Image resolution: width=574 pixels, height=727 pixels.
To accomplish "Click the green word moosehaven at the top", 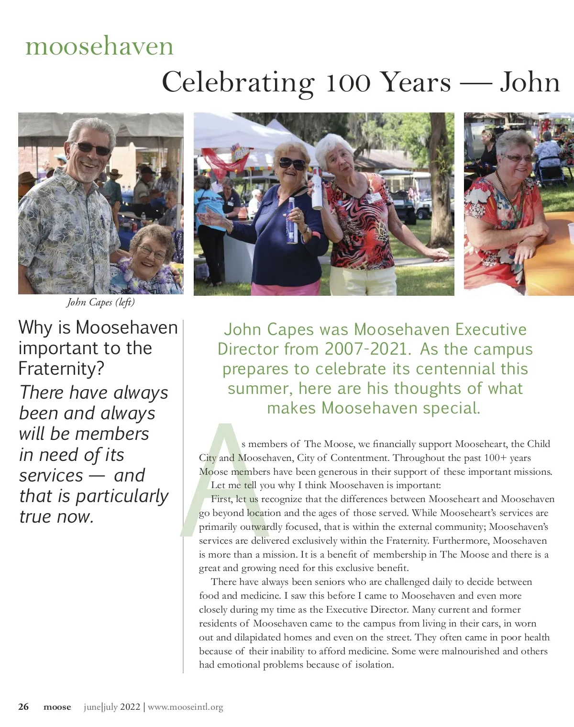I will tap(99, 46).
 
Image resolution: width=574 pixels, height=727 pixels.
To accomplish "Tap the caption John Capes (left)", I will tap(100, 302).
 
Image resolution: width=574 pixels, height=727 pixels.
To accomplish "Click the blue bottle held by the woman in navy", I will tap(292, 225).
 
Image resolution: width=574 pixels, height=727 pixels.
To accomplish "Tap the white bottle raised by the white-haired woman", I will tap(317, 189).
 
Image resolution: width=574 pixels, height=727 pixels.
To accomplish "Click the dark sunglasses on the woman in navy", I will tap(292, 164).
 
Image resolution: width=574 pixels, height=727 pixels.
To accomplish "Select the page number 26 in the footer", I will tap(23, 707).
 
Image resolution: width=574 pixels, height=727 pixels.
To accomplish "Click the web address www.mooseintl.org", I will tap(185, 707).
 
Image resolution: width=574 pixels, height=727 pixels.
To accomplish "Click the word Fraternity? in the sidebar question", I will tap(61, 369).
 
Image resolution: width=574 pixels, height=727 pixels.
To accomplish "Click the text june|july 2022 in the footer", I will tap(112, 707).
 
